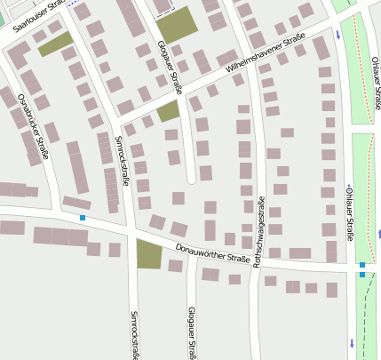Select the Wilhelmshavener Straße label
coord(266,53)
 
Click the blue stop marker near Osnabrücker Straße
coord(83,218)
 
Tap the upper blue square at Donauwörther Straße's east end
coord(362,265)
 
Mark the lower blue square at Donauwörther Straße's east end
coord(362,276)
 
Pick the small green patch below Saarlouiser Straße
coord(55,44)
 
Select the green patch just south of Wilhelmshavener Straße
coord(168,111)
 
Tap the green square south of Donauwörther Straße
coord(149,254)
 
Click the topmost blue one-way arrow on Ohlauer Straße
coord(338,36)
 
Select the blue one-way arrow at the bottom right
coord(352,342)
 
